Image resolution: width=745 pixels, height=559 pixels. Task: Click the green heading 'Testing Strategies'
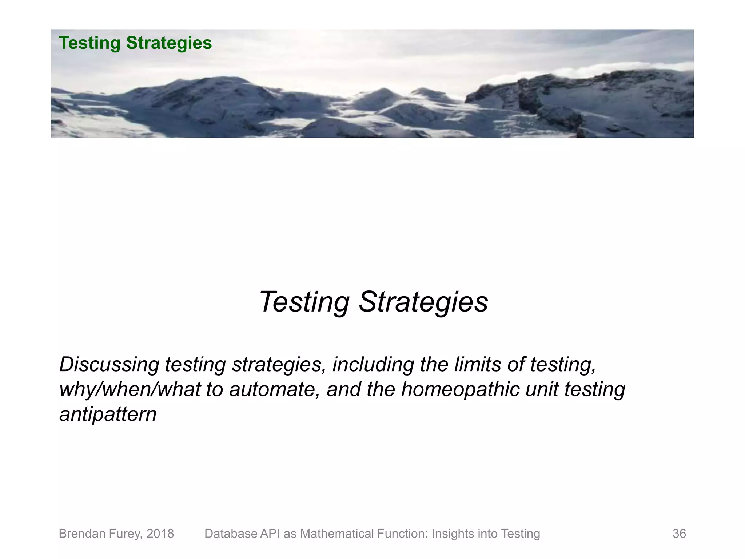pos(135,43)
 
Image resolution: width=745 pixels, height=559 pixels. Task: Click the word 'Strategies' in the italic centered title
pos(423,302)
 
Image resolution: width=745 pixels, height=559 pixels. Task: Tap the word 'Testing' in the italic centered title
pos(304,302)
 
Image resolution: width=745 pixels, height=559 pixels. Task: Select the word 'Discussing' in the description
pos(109,364)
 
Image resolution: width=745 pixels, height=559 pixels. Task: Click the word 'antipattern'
pos(108,414)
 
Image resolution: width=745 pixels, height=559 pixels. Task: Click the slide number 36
pos(679,534)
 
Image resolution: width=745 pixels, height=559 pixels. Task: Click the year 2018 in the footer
pos(160,534)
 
